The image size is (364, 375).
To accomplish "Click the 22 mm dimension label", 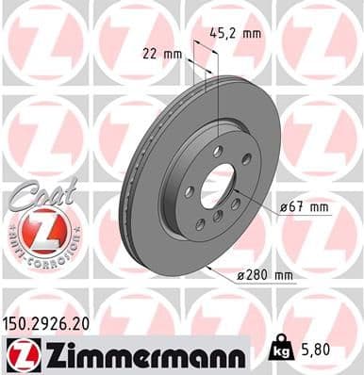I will click(x=162, y=55).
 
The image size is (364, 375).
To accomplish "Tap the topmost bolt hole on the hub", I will click(x=218, y=151).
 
